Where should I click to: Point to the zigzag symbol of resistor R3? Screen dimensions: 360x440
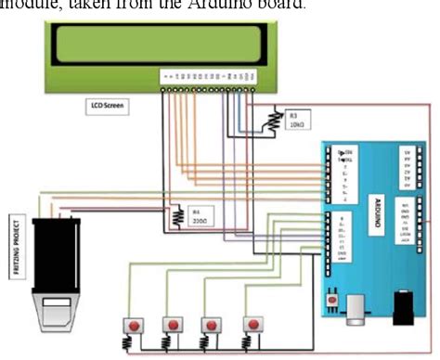(274, 118)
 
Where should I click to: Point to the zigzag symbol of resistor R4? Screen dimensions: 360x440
(177, 216)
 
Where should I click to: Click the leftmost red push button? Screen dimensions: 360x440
(136, 326)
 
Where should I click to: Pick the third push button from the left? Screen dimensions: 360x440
(212, 326)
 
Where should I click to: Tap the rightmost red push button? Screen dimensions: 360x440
(250, 326)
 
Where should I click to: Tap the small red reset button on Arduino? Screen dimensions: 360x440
(332, 302)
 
